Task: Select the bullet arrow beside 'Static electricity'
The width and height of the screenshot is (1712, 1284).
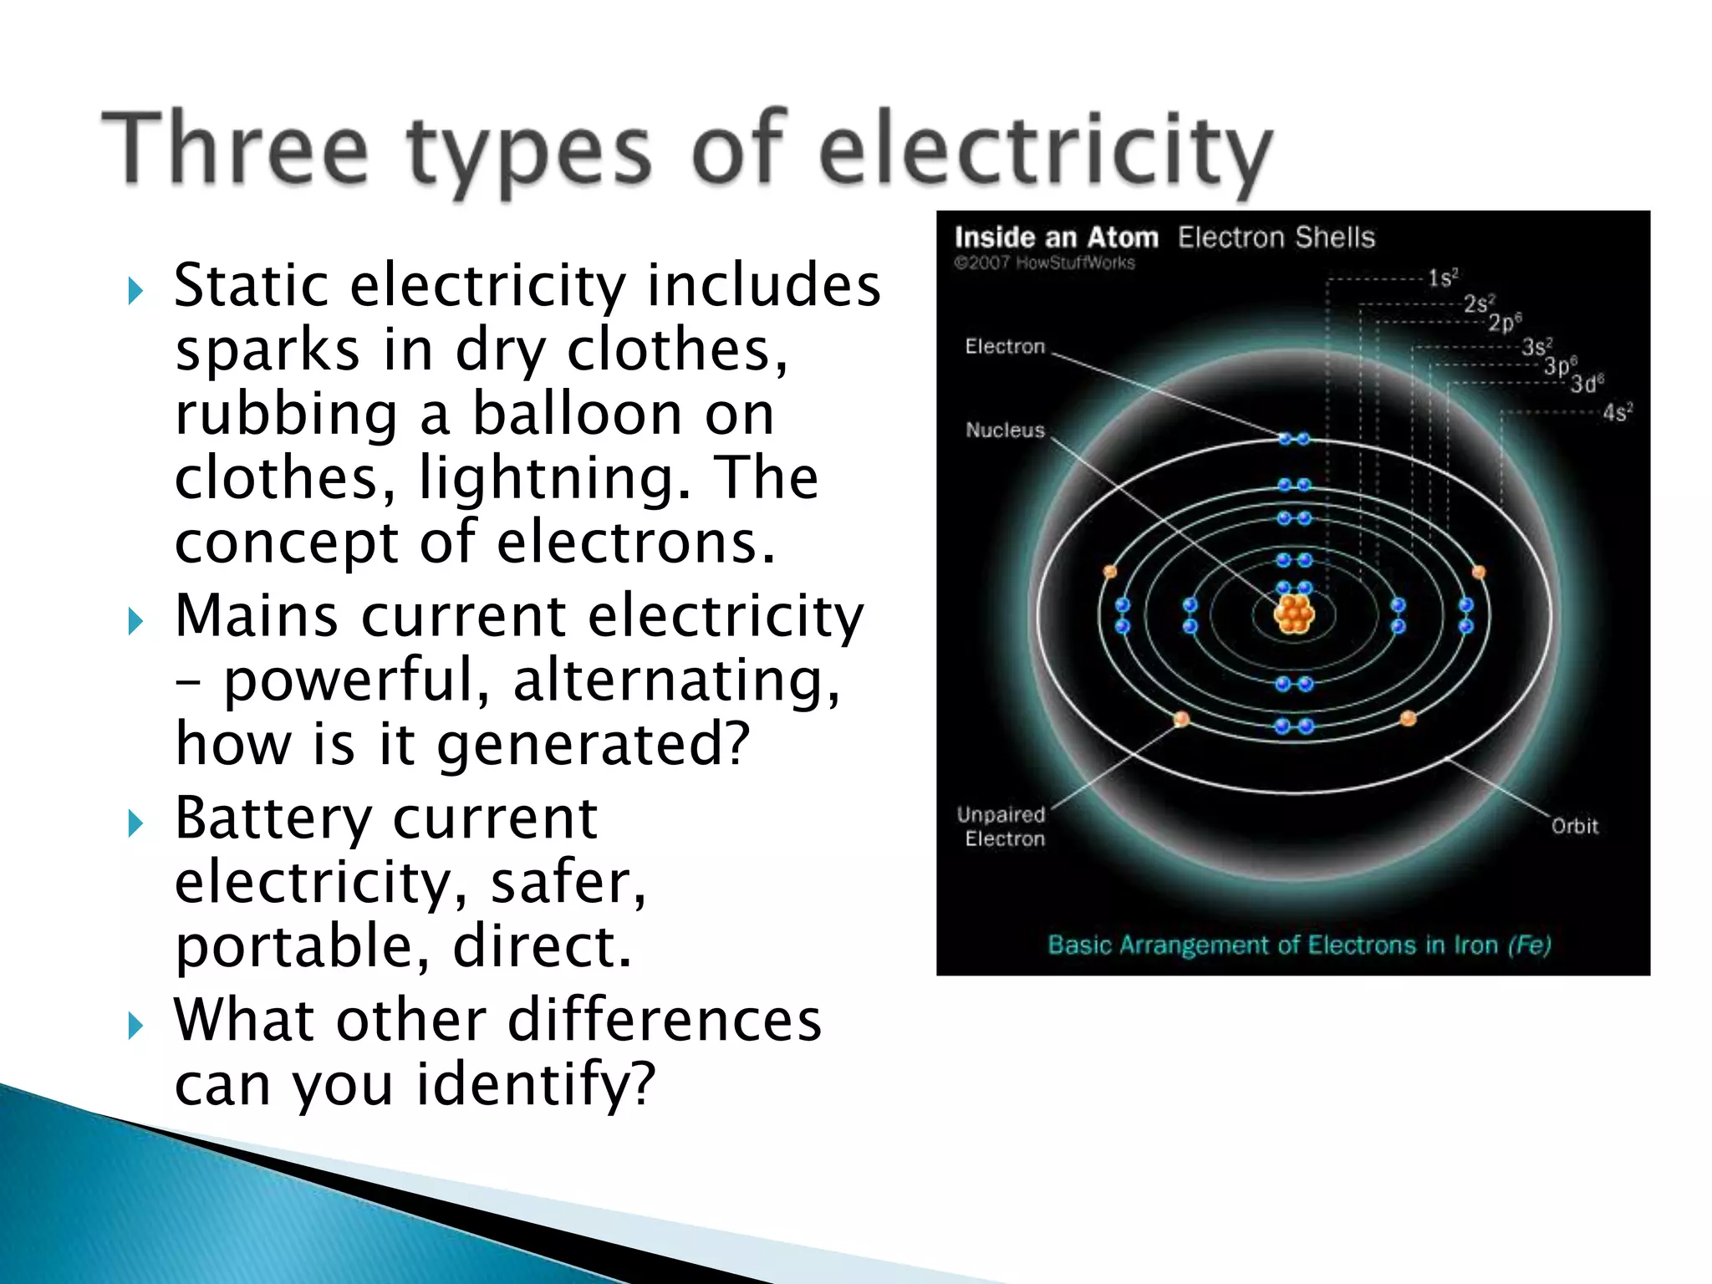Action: pos(135,292)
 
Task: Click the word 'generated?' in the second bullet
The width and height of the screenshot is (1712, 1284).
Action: pos(594,744)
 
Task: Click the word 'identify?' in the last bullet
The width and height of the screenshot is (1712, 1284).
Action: pos(536,1084)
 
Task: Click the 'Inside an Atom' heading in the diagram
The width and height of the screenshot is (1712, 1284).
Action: pos(1056,238)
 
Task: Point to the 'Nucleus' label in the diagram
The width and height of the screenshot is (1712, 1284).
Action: pos(1005,431)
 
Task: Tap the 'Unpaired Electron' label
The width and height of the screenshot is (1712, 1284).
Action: pos(1001,826)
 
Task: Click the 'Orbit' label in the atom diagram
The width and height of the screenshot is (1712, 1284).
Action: pos(1574,826)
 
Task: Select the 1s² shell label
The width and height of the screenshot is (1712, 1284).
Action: pos(1442,278)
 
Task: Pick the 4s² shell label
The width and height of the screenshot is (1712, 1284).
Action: pos(1617,413)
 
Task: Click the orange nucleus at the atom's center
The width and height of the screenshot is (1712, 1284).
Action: pos(1293,614)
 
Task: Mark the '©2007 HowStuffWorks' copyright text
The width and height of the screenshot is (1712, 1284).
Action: pos(1044,263)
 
